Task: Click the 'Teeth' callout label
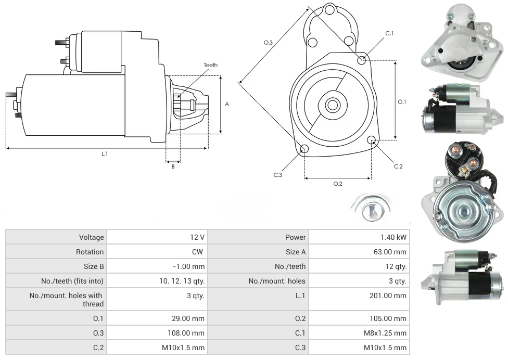(x=210, y=65)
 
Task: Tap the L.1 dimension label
(x=105, y=153)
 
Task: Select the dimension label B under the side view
(x=173, y=166)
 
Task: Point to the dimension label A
(x=227, y=104)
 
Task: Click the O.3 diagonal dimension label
(x=268, y=42)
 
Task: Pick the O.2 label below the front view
(x=337, y=184)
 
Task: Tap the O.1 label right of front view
(x=402, y=102)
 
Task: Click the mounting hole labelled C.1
(x=362, y=60)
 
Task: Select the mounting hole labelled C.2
(x=372, y=140)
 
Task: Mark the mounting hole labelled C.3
(x=304, y=150)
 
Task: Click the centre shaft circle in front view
(x=332, y=105)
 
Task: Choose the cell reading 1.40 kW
(x=359, y=237)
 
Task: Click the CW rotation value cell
(x=157, y=252)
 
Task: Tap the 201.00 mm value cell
(x=359, y=295)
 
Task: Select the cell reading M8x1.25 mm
(x=359, y=333)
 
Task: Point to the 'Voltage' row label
(x=56, y=237)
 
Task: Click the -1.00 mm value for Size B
(x=157, y=266)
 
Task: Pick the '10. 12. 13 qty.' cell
(x=157, y=281)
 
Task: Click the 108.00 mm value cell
(x=157, y=333)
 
